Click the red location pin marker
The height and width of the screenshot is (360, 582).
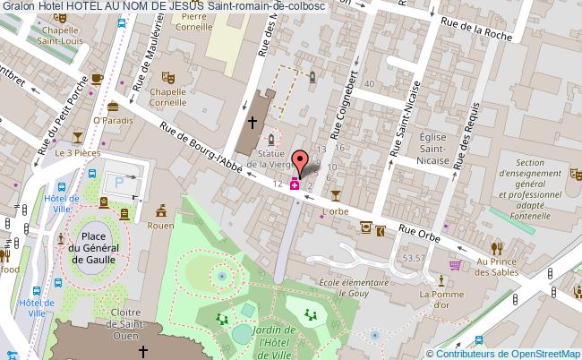click(304, 163)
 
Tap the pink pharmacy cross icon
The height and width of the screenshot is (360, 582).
click(295, 185)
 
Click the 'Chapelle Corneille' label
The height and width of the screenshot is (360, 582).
click(167, 97)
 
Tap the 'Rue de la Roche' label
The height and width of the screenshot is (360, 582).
click(481, 32)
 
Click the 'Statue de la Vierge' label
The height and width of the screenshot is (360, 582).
click(268, 159)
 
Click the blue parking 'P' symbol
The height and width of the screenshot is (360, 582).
click(118, 183)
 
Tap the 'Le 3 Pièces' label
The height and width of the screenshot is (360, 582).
click(77, 153)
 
